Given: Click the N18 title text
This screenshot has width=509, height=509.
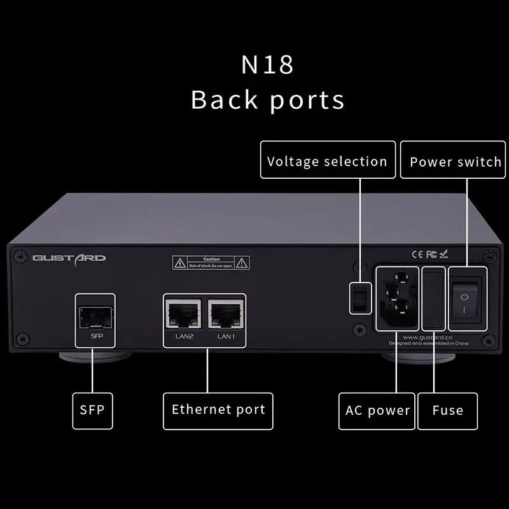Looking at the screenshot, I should [x=267, y=65].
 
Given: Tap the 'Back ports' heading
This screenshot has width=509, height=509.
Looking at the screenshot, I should [x=267, y=100].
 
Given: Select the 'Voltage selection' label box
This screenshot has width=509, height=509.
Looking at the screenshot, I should [x=327, y=162].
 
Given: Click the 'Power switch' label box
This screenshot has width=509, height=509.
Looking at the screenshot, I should [x=455, y=162].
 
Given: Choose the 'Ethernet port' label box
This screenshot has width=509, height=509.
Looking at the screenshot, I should [x=218, y=410].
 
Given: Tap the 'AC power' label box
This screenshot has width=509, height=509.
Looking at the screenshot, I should [x=377, y=410].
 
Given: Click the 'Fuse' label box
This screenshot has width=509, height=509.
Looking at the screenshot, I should [x=447, y=410].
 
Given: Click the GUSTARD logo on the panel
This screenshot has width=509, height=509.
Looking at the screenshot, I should [x=69, y=258].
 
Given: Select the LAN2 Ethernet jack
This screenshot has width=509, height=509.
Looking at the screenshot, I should [x=184, y=313].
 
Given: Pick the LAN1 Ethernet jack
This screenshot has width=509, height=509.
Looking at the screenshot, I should [x=226, y=313].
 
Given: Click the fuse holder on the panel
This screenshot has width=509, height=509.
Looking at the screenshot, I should [x=433, y=298].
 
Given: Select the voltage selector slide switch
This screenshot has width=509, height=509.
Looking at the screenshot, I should [x=358, y=297].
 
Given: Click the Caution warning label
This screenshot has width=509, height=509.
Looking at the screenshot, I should [x=211, y=261].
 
